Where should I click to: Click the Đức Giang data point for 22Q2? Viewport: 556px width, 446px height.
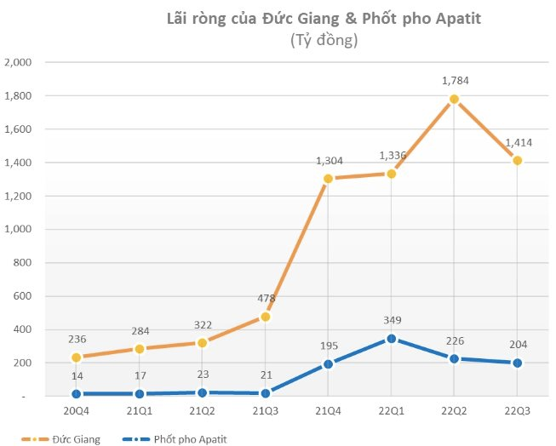(x=454, y=99)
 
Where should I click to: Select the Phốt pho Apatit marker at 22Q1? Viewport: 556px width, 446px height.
(x=391, y=339)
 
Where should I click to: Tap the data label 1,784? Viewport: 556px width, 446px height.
(x=455, y=81)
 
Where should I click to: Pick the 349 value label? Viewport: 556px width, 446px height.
(x=391, y=320)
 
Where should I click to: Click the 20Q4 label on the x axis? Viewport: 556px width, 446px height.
(x=76, y=411)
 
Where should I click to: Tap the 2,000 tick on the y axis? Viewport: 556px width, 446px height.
(x=18, y=63)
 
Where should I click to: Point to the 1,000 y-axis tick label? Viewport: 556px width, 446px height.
(x=18, y=230)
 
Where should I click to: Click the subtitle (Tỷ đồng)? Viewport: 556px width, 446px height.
(x=323, y=40)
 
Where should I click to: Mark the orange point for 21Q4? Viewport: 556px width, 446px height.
(x=328, y=179)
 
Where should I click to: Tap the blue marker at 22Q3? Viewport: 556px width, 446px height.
(x=516, y=363)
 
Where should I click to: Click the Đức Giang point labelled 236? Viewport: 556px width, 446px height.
(x=76, y=357)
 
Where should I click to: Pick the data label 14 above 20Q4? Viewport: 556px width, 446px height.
(x=76, y=375)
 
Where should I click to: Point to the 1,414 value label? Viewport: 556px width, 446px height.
(x=517, y=142)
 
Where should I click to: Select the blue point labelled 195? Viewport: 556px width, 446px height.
(x=328, y=364)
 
